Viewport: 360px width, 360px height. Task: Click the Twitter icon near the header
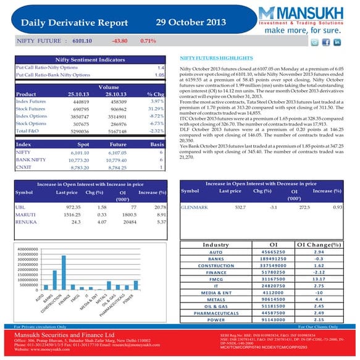pyautogui.click(x=314, y=43)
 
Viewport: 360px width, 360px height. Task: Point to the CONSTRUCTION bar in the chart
pyautogui.click(x=64, y=273)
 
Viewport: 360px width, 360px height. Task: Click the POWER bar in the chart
pyautogui.click(x=136, y=285)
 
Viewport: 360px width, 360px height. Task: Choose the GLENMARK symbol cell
pyautogui.click(x=193, y=207)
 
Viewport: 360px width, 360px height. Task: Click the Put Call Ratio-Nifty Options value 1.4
pyautogui.click(x=161, y=67)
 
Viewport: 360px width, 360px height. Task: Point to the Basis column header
pyautogui.click(x=157, y=143)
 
